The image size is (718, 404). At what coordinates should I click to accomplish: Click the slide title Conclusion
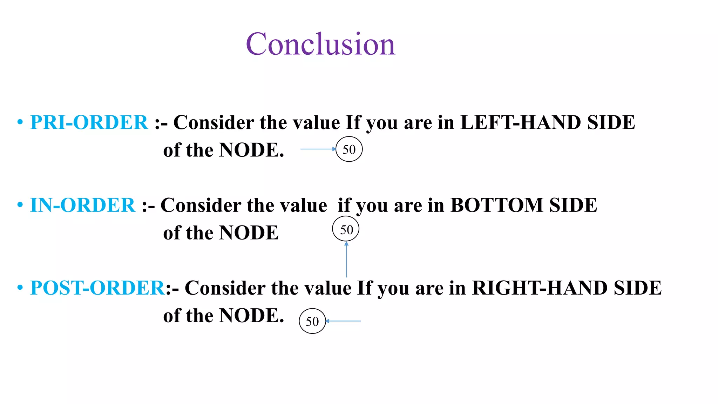coord(320,44)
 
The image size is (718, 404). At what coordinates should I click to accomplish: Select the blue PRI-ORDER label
coord(89,122)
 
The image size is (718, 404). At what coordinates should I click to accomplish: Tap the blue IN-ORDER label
coord(82,205)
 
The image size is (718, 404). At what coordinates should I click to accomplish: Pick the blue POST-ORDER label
coord(97,288)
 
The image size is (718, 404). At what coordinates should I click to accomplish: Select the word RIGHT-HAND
coord(540,288)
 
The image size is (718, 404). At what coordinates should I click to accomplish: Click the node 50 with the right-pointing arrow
coord(349,149)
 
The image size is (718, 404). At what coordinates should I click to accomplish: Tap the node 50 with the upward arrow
coord(346,229)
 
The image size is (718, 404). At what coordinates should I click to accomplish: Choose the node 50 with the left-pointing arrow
coord(312,321)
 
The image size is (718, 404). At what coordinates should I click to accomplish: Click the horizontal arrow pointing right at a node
coord(318,149)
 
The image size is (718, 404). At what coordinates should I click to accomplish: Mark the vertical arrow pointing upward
coord(346,260)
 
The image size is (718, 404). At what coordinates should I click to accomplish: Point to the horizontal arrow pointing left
coord(344,321)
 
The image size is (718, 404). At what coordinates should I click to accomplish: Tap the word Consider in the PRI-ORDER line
coord(214,122)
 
